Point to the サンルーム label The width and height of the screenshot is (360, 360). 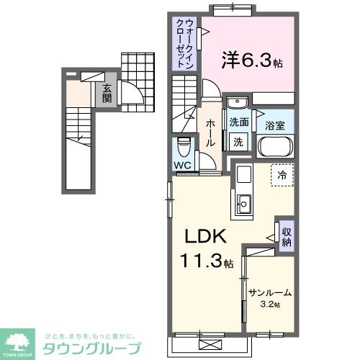click(x=270, y=293)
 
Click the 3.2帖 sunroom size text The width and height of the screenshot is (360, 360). click(x=270, y=305)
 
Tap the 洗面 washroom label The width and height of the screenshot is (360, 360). click(x=239, y=122)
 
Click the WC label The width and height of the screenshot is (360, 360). click(x=182, y=163)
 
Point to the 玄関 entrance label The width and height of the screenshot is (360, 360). click(x=107, y=94)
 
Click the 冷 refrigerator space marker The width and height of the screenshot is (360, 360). click(x=282, y=174)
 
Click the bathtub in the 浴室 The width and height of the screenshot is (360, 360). click(x=276, y=148)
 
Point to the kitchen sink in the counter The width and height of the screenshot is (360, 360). click(x=243, y=204)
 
